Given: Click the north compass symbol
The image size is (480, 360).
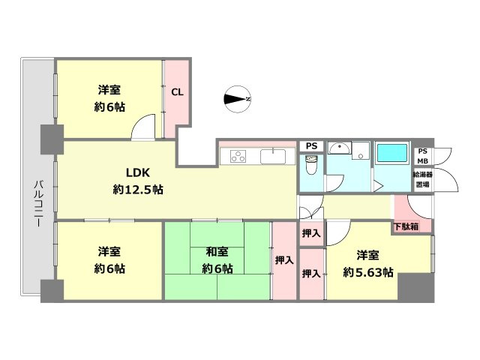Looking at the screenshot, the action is point(238,99).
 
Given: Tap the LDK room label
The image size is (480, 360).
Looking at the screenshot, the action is point(138,173).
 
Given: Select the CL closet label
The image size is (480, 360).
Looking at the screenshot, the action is point(177,92).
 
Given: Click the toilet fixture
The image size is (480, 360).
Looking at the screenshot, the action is point(312,165).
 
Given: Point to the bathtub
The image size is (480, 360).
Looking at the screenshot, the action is point(392,153).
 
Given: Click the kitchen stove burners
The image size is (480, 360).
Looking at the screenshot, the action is point(238,156).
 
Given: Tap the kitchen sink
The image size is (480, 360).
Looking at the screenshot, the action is point(273,157).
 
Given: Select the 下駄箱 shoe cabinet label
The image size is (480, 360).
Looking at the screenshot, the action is point(406,226).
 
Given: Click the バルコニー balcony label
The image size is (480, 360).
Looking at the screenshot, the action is point(38,203).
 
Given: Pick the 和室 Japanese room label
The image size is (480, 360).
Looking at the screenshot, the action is point(217,252).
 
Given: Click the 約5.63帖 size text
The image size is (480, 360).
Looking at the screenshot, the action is point(368,272).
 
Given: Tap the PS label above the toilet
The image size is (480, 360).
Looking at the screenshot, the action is point(312,146).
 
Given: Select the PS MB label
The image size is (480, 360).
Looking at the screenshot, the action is point(423,156).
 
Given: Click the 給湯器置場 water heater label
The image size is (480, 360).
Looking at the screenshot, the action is point(423,179).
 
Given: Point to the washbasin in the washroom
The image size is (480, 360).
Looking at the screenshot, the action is point(340,148).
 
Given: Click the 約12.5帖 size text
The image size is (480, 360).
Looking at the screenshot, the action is point(138,190).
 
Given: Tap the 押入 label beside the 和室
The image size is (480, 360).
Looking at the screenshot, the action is point(284,260).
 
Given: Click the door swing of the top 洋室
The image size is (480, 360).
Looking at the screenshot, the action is point(143,127).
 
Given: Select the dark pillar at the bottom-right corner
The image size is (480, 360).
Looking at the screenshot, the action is point(416,286).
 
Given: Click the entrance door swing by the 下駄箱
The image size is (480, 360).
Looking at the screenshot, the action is point(420,207).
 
